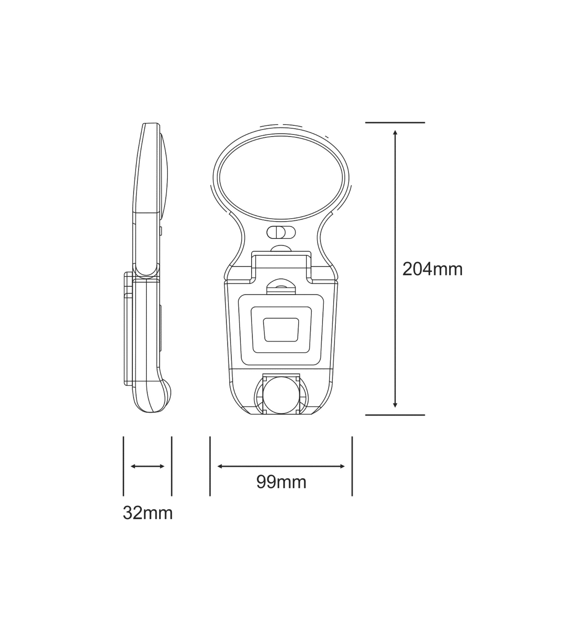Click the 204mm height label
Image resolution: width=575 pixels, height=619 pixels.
pyautogui.click(x=432, y=269)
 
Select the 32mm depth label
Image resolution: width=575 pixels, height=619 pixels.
pyautogui.click(x=148, y=513)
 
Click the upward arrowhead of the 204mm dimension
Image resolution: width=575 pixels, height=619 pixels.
pyautogui.click(x=395, y=133)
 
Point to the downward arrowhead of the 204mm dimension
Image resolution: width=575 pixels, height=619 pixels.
pyautogui.click(x=395, y=405)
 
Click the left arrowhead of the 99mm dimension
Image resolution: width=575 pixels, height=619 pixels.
pyautogui.click(x=220, y=466)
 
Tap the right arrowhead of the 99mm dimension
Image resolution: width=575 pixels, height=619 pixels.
pyautogui.click(x=342, y=466)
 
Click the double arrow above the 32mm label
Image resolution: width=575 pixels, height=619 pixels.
pyautogui.click(x=148, y=466)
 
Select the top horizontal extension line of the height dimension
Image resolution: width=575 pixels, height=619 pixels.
pyautogui.click(x=395, y=123)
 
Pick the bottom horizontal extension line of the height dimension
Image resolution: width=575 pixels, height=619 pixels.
pyautogui.click(x=395, y=415)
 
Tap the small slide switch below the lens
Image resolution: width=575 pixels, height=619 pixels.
pyautogui.click(x=281, y=232)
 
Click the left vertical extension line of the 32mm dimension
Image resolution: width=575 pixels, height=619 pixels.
pyautogui.click(x=123, y=466)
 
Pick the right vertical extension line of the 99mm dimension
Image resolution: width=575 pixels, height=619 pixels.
pyautogui.click(x=352, y=466)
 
